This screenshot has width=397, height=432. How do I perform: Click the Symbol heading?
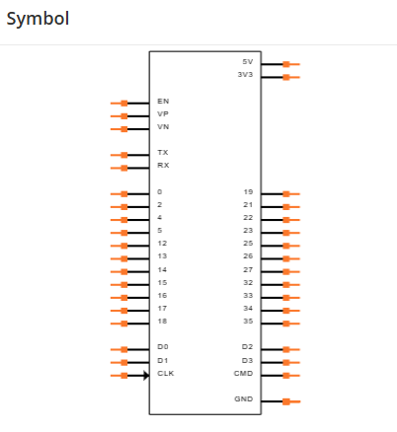point(38,19)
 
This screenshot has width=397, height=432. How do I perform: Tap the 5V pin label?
point(248,62)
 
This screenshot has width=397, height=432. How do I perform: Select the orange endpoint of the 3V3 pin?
point(286,77)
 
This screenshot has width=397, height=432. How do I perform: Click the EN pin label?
point(163,101)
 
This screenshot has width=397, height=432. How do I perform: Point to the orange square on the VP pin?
point(124,116)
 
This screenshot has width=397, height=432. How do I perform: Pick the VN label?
point(163,126)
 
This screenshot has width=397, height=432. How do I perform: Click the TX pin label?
point(163,152)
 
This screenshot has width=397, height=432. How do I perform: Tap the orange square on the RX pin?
point(124,168)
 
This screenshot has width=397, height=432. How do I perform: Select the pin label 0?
point(160,191)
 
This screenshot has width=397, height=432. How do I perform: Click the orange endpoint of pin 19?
point(286,194)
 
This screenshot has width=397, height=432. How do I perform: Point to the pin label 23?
point(248,231)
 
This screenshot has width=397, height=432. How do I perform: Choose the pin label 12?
point(162,244)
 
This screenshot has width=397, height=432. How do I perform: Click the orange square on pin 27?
point(286,272)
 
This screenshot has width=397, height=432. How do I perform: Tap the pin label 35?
point(248,322)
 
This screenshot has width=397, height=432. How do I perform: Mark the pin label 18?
point(162,322)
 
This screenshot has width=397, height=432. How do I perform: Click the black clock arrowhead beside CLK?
point(146,376)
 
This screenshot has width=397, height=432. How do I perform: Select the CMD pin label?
point(243,374)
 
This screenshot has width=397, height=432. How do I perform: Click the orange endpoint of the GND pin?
point(286,401)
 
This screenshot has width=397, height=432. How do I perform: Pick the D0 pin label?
point(163,347)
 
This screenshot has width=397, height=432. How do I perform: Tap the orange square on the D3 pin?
point(286,363)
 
